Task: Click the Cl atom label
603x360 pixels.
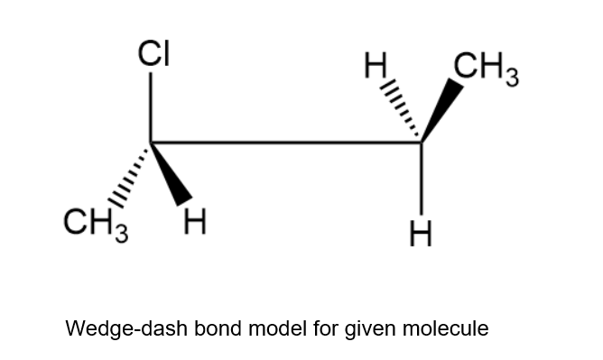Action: click(153, 54)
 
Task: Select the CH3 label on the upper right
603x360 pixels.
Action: click(486, 69)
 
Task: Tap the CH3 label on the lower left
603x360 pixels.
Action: click(96, 225)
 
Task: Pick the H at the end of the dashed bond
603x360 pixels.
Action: click(375, 65)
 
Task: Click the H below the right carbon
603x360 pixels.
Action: click(421, 234)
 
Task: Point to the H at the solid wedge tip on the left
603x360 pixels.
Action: click(195, 221)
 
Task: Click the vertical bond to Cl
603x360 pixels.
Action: click(151, 107)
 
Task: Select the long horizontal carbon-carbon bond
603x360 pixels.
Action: click(286, 143)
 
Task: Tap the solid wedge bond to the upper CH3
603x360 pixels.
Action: click(442, 111)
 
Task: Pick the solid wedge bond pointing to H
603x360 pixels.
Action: click(172, 174)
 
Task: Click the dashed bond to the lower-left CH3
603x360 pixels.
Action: click(128, 176)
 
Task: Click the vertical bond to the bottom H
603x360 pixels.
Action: click(422, 179)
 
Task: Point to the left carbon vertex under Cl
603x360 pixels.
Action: click(151, 143)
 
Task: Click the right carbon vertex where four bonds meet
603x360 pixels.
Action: click(422, 143)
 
